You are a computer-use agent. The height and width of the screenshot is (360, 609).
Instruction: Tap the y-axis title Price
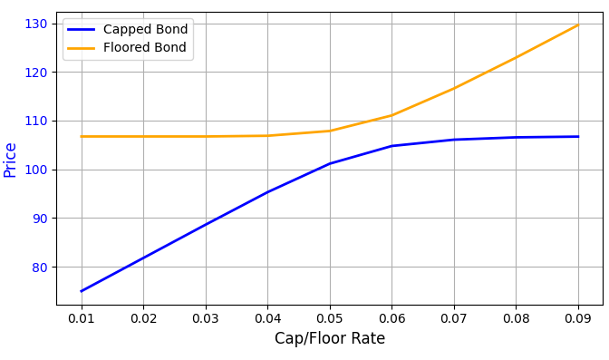[11, 160]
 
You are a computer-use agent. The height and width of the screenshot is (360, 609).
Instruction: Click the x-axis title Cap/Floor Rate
[330, 339]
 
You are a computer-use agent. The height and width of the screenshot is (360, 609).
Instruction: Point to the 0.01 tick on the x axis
[82, 318]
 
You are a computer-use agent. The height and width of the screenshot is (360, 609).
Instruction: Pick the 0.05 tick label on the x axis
[330, 318]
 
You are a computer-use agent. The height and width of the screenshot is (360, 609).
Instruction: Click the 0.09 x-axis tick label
[578, 318]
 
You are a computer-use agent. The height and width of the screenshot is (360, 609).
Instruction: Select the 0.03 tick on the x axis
[206, 318]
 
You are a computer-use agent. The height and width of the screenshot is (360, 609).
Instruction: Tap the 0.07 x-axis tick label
[454, 318]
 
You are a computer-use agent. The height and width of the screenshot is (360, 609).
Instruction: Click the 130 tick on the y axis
[36, 24]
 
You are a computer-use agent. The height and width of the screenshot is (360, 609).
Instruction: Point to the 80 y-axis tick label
[40, 268]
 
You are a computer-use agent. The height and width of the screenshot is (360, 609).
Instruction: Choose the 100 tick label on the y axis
[36, 170]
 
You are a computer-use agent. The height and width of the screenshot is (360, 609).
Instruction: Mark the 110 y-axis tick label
[36, 121]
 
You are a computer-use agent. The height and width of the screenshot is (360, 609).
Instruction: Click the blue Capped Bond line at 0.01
[82, 291]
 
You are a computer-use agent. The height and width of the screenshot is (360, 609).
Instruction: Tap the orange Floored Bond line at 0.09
[578, 24]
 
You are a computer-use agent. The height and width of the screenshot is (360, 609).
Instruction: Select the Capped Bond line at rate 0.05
[330, 163]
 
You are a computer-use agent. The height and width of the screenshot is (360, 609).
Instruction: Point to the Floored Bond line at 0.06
[391, 115]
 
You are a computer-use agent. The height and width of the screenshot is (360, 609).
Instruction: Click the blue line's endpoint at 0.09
[578, 137]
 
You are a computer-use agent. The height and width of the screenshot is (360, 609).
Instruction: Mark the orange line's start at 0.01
[82, 137]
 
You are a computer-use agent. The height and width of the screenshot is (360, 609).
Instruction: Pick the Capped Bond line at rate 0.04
[267, 192]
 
